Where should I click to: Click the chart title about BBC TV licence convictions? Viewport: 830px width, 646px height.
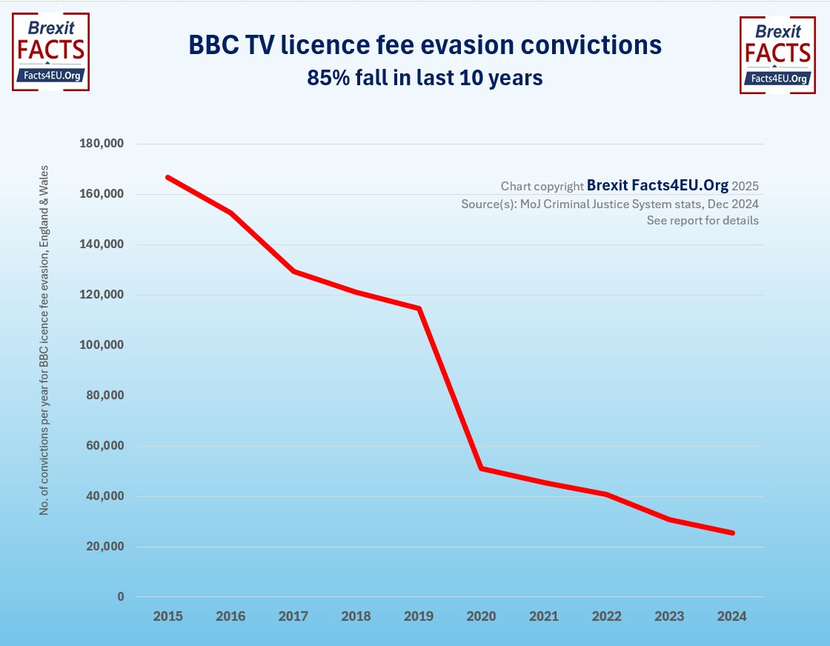pyautogui.click(x=425, y=45)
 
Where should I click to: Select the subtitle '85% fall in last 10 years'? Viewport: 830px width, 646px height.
pyautogui.click(x=425, y=77)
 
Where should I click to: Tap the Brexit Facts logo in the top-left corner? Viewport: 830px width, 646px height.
pyautogui.click(x=50, y=52)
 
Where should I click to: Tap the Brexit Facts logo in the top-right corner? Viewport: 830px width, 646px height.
pyautogui.click(x=777, y=56)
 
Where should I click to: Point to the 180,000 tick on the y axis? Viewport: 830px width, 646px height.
pyautogui.click(x=102, y=144)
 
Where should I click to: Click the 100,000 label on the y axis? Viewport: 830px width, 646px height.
pyautogui.click(x=102, y=345)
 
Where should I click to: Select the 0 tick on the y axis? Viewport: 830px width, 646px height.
pyautogui.click(x=120, y=597)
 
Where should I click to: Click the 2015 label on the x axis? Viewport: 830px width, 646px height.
pyautogui.click(x=167, y=616)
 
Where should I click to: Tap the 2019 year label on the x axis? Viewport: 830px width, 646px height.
pyautogui.click(x=419, y=616)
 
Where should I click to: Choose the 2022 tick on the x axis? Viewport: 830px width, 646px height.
pyautogui.click(x=607, y=616)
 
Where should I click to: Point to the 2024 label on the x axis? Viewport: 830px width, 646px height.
pyautogui.click(x=732, y=616)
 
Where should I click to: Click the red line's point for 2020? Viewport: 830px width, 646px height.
pyautogui.click(x=482, y=468)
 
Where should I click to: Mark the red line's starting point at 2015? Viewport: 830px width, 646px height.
pyautogui.click(x=168, y=178)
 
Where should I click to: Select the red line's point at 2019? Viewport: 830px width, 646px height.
pyautogui.click(x=419, y=308)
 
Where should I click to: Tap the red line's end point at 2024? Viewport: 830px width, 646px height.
pyautogui.click(x=732, y=533)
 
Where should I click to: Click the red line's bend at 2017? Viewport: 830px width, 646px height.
pyautogui.click(x=294, y=271)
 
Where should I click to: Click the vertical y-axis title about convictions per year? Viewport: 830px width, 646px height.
pyautogui.click(x=44, y=341)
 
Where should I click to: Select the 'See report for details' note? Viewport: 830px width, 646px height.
pyautogui.click(x=703, y=221)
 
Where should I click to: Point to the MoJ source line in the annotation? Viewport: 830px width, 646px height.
pyautogui.click(x=609, y=204)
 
